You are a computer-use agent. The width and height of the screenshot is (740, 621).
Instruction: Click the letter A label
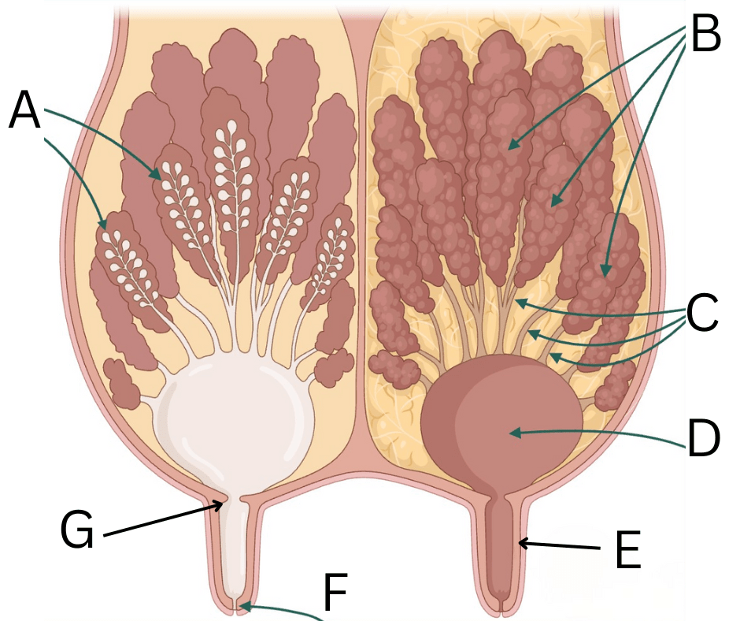(24, 110)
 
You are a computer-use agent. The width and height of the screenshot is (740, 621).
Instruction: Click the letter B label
(705, 32)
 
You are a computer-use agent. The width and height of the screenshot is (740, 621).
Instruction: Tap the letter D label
(704, 438)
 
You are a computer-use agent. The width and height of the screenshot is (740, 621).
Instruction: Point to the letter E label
(627, 549)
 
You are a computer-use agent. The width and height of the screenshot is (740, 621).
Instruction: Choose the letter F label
(335, 592)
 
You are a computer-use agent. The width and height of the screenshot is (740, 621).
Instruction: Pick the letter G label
(78, 530)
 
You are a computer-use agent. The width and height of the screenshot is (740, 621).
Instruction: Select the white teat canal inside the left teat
(234, 548)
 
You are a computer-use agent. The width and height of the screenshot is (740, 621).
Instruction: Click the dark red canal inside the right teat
(501, 548)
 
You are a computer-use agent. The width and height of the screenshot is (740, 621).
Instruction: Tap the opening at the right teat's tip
(502, 605)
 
